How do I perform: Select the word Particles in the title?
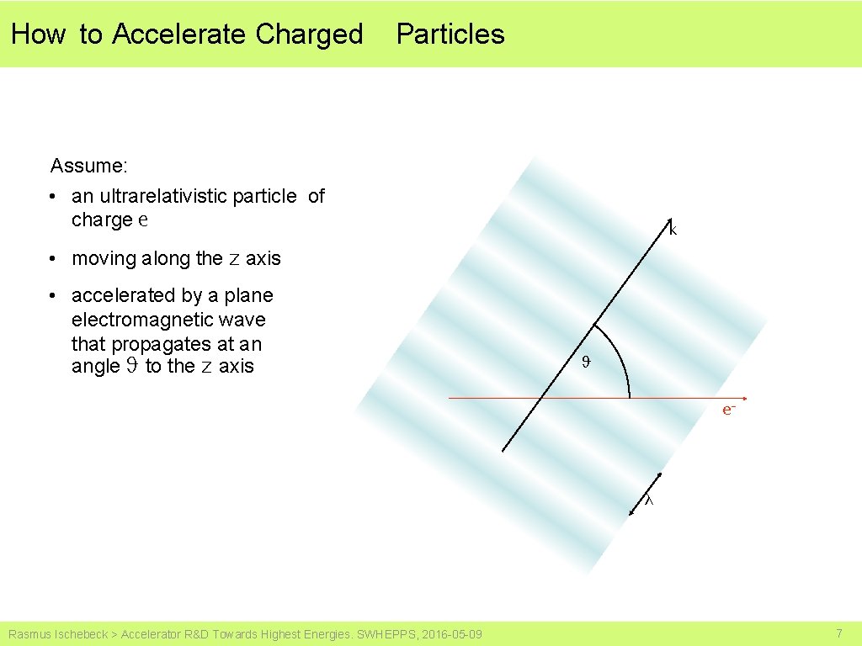click(x=450, y=34)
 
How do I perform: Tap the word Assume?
click(x=88, y=165)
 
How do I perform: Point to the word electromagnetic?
click(x=168, y=320)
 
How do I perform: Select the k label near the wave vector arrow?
click(x=673, y=229)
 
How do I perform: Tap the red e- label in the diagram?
click(x=729, y=410)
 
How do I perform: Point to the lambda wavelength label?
click(x=648, y=501)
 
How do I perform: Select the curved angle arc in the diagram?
click(x=620, y=353)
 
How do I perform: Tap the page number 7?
click(x=838, y=633)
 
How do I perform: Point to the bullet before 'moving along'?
click(x=53, y=259)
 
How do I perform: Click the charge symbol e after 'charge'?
click(x=143, y=220)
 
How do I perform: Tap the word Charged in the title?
click(x=309, y=34)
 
